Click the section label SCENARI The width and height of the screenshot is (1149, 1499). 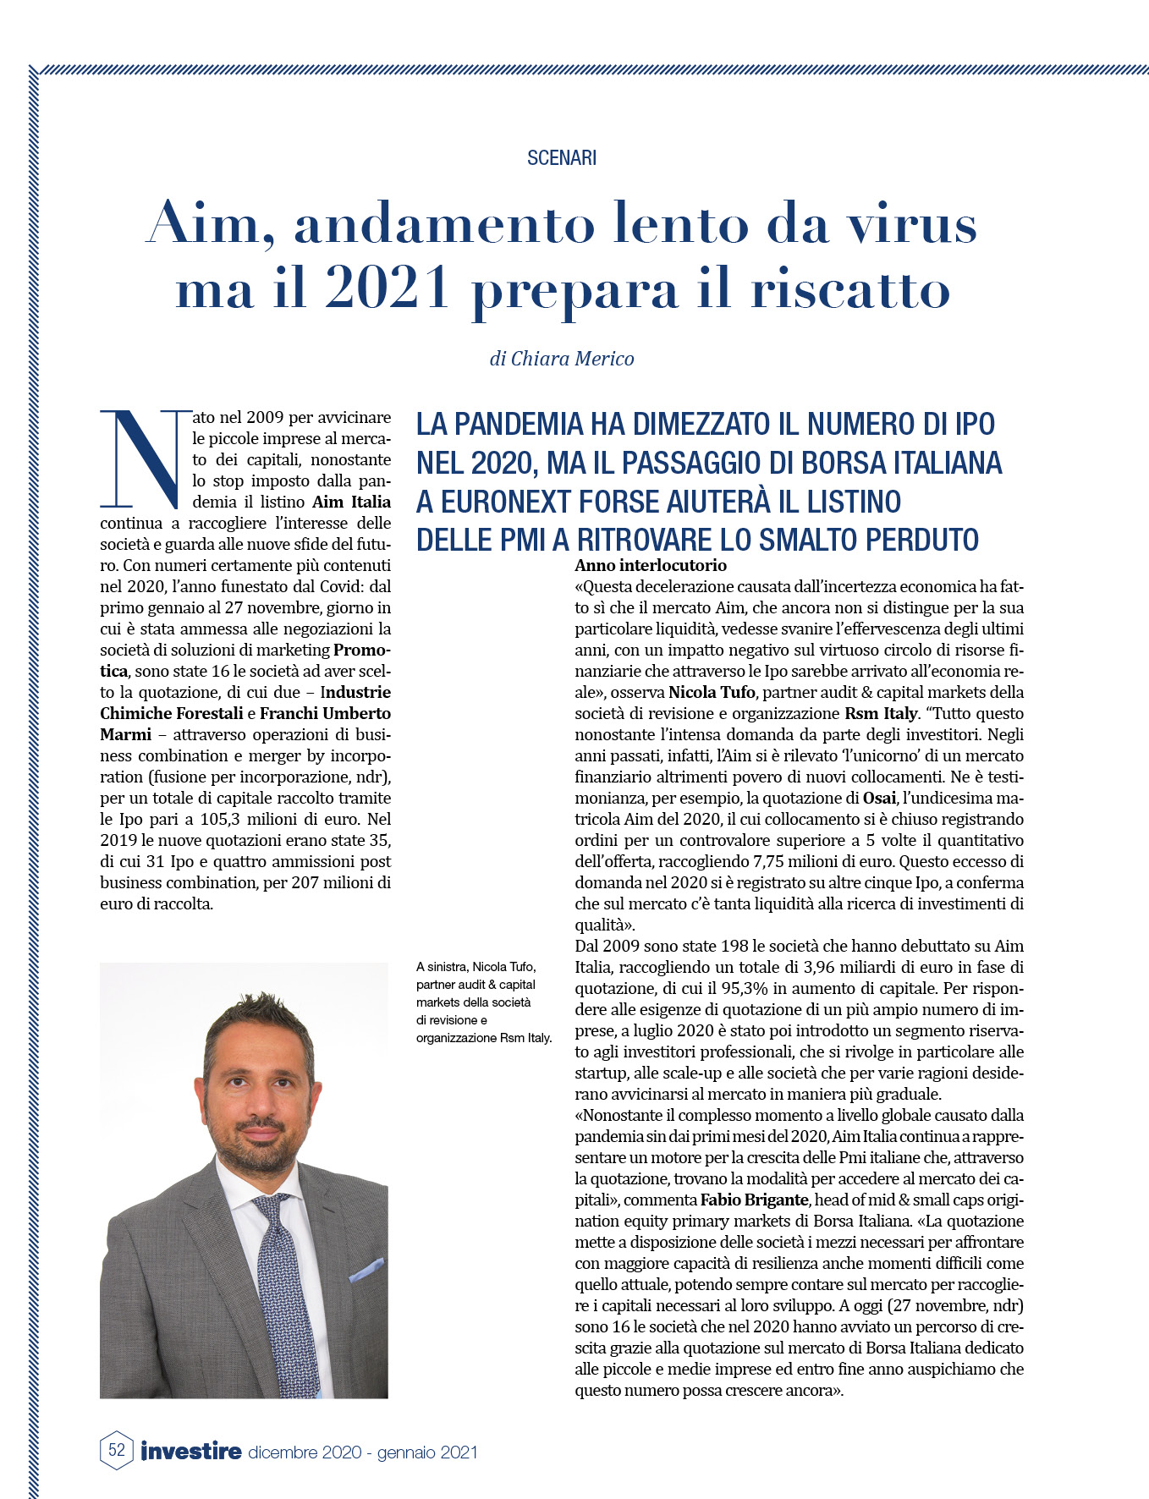pos(562,158)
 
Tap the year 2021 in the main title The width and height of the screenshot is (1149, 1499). pos(387,290)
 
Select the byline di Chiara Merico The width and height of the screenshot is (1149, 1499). pos(562,359)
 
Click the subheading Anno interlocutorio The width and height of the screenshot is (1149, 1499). pos(651,565)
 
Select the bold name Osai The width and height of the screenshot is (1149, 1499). pos(879,798)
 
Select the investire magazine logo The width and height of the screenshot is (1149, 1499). pos(191,1451)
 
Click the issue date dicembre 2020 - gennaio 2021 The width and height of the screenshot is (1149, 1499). pos(363,1452)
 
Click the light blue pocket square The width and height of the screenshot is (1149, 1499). pos(366,1268)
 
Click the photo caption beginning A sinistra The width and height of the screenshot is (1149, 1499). pos(483,1002)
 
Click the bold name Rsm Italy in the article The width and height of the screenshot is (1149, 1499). pos(881,713)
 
